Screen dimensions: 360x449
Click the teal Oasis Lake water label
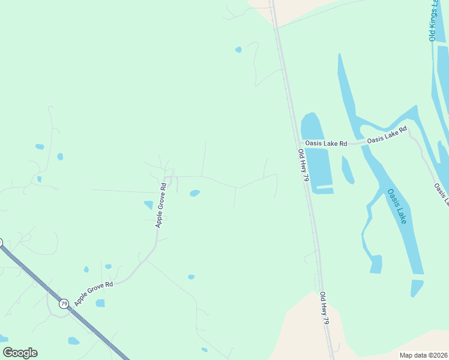(397, 206)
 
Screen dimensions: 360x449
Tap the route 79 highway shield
(64, 304)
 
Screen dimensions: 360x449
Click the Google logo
(20, 353)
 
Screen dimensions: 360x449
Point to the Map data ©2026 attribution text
(423, 355)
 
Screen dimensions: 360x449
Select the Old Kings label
(433, 21)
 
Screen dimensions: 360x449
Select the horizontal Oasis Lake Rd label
(326, 144)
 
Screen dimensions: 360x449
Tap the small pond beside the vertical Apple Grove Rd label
(148, 205)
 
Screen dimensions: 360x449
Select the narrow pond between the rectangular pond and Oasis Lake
(347, 169)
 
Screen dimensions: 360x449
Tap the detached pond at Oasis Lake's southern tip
(417, 287)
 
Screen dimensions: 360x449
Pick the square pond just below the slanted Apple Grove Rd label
(100, 303)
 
